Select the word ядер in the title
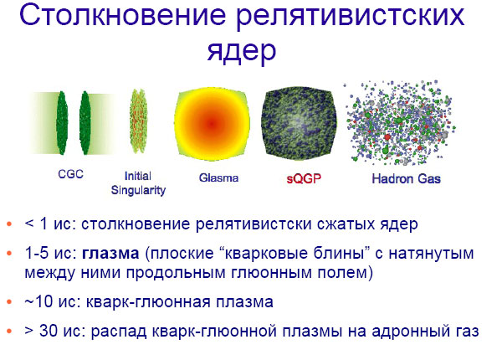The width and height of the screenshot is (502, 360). (241, 52)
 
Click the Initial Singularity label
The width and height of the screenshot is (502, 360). (138, 183)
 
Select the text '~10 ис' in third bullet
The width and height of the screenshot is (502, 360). (44, 301)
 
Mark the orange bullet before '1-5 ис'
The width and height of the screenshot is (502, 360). (8, 252)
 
